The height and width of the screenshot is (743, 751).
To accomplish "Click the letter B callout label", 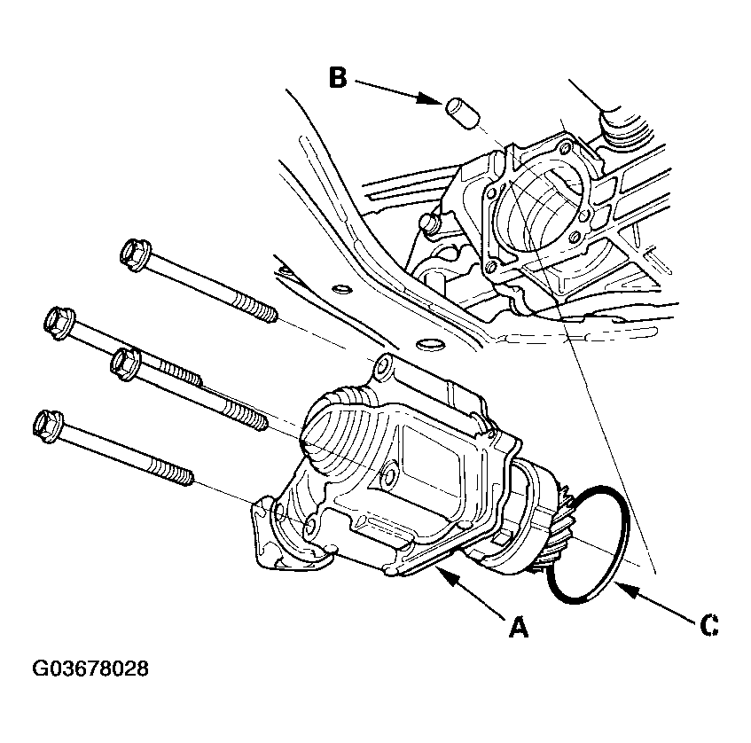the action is (338, 78).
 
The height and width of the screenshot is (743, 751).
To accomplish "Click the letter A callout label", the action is (518, 627).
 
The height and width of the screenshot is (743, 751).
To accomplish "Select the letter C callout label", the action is (708, 625).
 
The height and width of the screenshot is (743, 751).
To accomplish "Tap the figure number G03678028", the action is (90, 669).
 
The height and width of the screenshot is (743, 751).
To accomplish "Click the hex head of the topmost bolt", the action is (135, 254).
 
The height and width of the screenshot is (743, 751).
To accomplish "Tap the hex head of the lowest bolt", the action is (47, 426).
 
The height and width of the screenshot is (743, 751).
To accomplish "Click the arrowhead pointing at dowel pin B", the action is (428, 98).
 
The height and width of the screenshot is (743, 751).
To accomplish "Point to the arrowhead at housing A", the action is (448, 575).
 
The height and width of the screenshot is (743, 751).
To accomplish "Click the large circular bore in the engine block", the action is (540, 203).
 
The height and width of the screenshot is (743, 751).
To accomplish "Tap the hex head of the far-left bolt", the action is (59, 324).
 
